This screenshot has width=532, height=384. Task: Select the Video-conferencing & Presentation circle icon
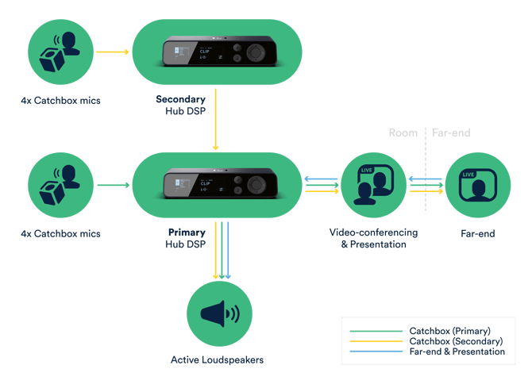(x=374, y=185)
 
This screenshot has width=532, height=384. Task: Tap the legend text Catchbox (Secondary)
(x=456, y=341)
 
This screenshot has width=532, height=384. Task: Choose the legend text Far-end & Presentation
(x=457, y=351)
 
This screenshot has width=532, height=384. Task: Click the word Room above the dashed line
(x=403, y=132)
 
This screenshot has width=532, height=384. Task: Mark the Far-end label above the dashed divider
(x=451, y=132)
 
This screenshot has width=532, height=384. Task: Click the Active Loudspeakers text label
(x=217, y=360)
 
